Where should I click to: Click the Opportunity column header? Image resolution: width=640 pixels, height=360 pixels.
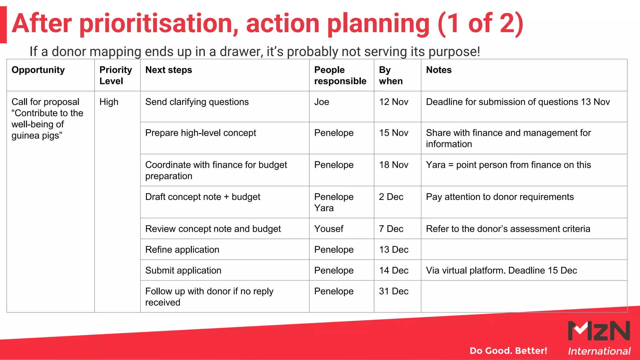point(38,70)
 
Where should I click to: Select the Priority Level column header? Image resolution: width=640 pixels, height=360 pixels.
point(116,75)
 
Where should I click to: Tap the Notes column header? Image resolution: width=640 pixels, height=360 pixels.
point(439,70)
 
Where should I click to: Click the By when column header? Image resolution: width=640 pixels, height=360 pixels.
point(391,75)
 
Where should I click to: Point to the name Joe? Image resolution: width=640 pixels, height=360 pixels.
point(322,102)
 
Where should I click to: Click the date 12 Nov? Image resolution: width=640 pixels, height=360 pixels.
point(393,102)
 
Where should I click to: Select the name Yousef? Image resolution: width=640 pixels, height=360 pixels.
point(329,229)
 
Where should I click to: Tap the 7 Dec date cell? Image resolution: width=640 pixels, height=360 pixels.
point(391,229)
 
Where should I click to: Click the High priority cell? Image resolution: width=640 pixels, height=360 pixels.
point(109,102)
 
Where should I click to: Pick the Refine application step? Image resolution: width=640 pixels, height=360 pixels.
point(182,250)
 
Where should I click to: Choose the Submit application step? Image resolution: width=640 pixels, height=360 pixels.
point(183,270)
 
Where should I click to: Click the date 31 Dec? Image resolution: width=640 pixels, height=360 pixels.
point(393,291)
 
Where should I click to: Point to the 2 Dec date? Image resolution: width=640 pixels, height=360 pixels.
point(391,197)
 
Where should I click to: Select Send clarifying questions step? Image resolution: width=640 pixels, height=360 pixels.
point(197,102)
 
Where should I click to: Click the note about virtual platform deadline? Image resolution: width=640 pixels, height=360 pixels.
point(501,270)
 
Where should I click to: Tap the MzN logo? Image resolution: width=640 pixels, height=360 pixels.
point(599,331)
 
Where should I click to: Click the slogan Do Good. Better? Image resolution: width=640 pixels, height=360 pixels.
point(508,351)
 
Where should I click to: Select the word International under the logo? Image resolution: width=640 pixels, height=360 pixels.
point(599,351)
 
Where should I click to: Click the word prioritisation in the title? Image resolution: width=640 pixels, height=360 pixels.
point(159,24)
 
